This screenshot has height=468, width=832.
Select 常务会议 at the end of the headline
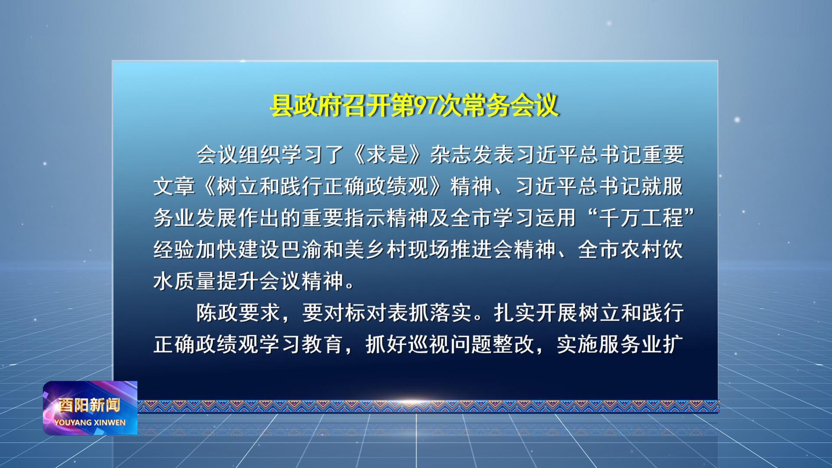(510, 105)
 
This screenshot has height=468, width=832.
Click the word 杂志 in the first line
(451, 155)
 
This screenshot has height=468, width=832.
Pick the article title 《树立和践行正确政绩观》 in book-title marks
(322, 186)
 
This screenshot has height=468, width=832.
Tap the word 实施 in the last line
(577, 344)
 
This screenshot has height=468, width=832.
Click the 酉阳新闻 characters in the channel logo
(90, 405)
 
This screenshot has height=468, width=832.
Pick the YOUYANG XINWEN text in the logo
(90, 422)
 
